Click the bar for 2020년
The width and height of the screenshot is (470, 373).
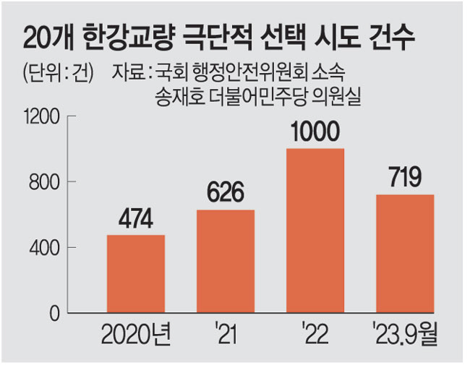point(135,274)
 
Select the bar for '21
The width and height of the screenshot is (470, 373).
point(226,262)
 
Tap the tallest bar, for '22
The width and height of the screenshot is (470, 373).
point(315,231)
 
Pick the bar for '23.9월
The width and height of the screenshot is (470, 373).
point(405,254)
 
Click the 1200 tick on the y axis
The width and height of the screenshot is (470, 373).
point(43,116)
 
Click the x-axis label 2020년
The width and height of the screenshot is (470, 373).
point(136,337)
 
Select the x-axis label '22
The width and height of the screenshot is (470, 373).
point(316,337)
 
